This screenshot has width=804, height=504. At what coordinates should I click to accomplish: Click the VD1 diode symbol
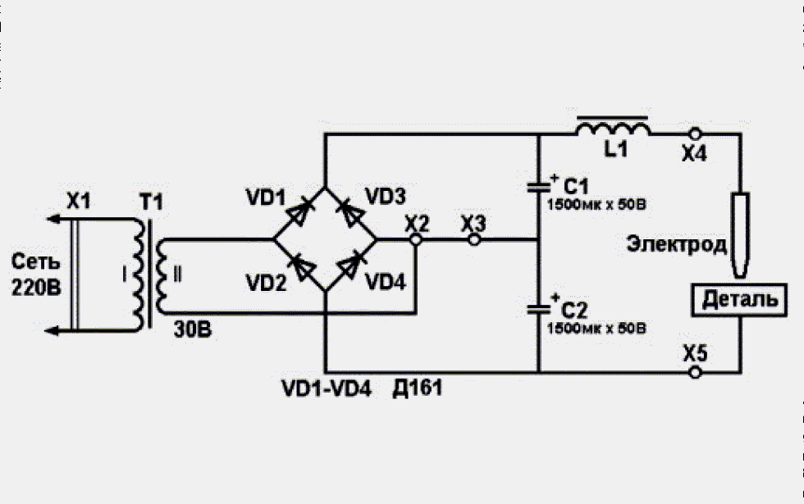coord(299,212)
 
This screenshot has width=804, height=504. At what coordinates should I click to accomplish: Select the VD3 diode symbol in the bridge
coord(351,212)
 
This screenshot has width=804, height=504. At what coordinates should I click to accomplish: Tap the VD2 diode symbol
coord(302,266)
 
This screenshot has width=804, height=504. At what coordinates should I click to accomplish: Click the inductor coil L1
coord(613,128)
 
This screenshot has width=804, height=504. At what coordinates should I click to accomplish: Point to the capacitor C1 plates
coord(538,188)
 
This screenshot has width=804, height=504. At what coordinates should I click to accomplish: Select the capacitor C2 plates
coord(538,310)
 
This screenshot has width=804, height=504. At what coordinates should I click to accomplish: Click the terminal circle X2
coord(417,239)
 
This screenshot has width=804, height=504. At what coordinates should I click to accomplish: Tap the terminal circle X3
coord(474,239)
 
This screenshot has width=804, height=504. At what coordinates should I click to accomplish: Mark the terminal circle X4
coord(695,134)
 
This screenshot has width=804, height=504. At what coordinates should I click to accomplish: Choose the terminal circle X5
coord(695,372)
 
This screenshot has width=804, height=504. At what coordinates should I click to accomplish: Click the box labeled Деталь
coord(739,300)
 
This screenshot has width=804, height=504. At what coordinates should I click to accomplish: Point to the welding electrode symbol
coord(740,235)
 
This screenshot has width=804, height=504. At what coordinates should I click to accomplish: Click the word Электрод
coord(676,244)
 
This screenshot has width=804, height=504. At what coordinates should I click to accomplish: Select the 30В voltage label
coord(192,329)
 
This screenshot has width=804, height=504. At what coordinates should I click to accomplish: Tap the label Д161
coord(418,388)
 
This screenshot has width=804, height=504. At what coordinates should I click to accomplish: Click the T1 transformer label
coord(151,202)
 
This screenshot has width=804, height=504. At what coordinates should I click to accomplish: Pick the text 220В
coord(36,288)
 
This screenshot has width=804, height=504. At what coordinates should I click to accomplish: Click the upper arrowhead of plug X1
coord(53,220)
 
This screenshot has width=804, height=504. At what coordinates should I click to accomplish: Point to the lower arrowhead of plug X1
coord(53,331)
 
